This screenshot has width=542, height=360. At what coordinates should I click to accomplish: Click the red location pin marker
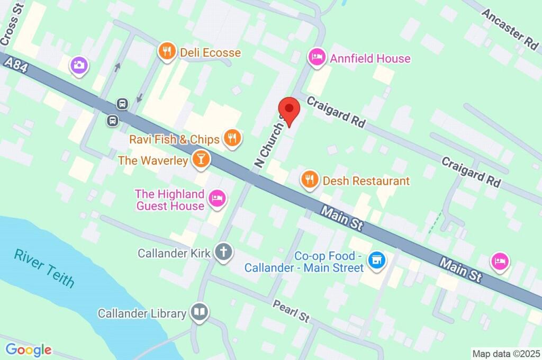coord(289,111)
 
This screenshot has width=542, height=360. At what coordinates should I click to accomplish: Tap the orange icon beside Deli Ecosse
coord(167,52)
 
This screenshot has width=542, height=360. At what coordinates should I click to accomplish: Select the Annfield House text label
coord(370,58)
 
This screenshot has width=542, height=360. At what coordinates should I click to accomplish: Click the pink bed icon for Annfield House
coord(317,57)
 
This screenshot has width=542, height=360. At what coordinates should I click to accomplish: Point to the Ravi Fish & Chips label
coord(175,139)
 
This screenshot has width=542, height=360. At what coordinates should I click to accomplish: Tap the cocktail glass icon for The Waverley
coord(201,159)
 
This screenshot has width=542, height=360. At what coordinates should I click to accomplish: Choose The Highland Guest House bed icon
coord(218,199)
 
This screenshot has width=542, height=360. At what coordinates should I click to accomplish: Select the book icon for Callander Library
coord(200,312)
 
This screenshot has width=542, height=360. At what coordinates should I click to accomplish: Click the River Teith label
coord(44,268)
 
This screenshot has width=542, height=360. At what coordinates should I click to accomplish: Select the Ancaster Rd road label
coord(510,29)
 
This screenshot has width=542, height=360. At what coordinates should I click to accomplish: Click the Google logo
coord(29,349)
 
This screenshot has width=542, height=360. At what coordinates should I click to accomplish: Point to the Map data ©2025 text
coord(505,353)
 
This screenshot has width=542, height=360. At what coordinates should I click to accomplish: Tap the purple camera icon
coord(79,65)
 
